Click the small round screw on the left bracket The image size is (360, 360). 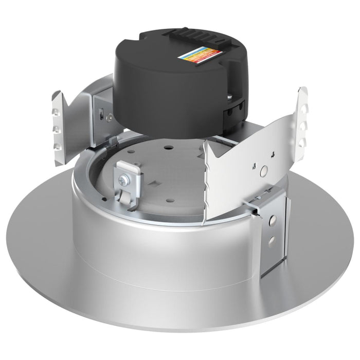coord(110,118)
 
